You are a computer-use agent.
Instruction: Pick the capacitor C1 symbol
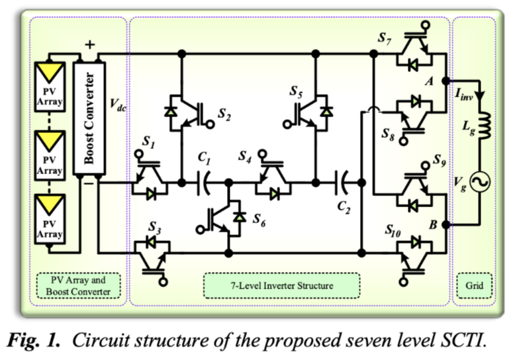coord(205,181)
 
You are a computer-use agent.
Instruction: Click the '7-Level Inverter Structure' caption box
coord(268,286)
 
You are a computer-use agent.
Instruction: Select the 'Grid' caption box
coord(474,286)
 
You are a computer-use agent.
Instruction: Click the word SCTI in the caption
coord(458,341)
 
